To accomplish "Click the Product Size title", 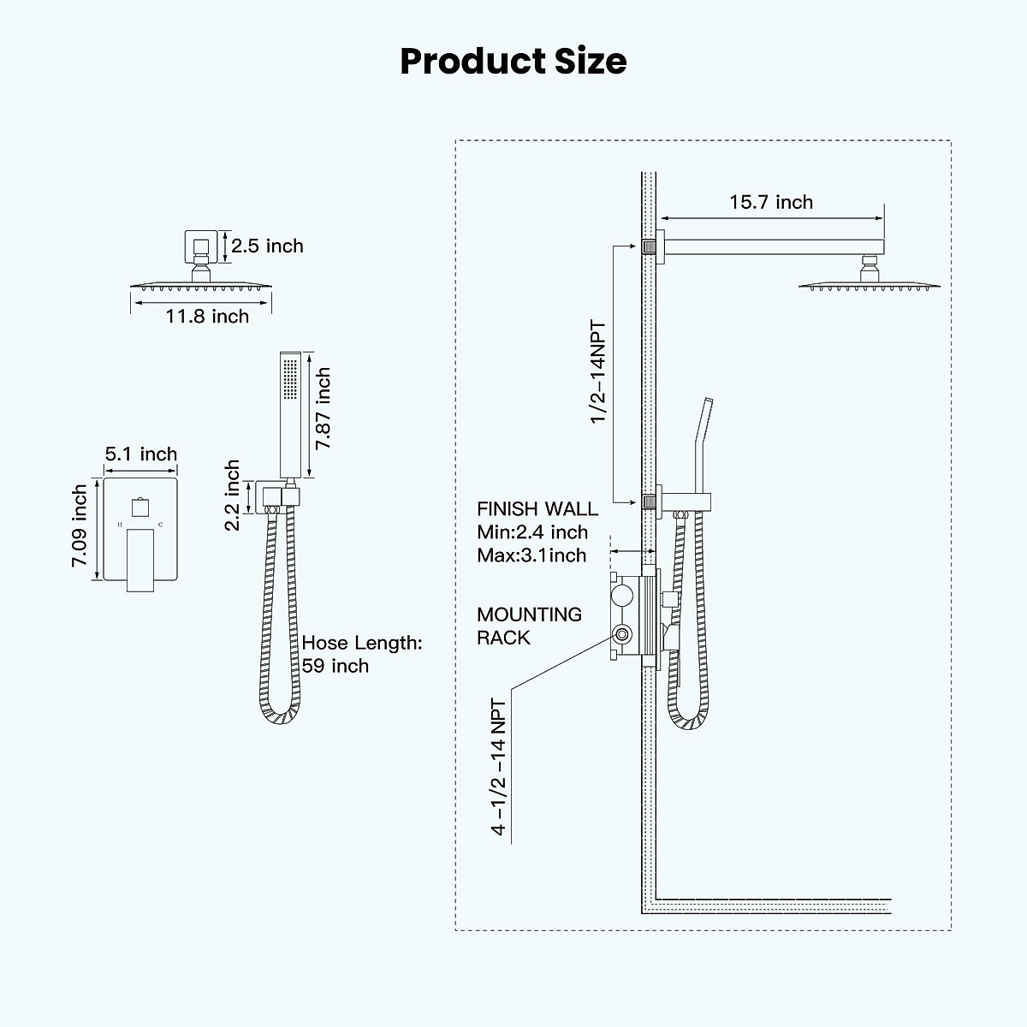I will pyautogui.click(x=513, y=62).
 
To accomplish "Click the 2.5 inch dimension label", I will pyautogui.click(x=266, y=246).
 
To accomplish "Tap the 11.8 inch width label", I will pyautogui.click(x=207, y=317).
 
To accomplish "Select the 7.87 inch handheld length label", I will pyautogui.click(x=323, y=409).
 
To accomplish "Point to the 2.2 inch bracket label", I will pyautogui.click(x=233, y=496).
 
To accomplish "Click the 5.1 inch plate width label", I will pyautogui.click(x=141, y=454).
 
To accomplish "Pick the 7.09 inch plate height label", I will pyautogui.click(x=80, y=526).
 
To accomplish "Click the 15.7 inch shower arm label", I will pyautogui.click(x=771, y=203).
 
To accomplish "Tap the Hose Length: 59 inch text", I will pyautogui.click(x=361, y=655).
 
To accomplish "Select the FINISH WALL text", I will pyautogui.click(x=537, y=509).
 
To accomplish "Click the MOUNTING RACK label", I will pyautogui.click(x=529, y=626).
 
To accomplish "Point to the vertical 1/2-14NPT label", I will pyautogui.click(x=597, y=372).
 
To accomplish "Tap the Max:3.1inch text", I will pyautogui.click(x=531, y=555).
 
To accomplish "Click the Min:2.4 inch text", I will pyautogui.click(x=532, y=532).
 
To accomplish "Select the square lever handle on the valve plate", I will pyautogui.click(x=140, y=559).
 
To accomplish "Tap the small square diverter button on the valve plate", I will pyautogui.click(x=137, y=506).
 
